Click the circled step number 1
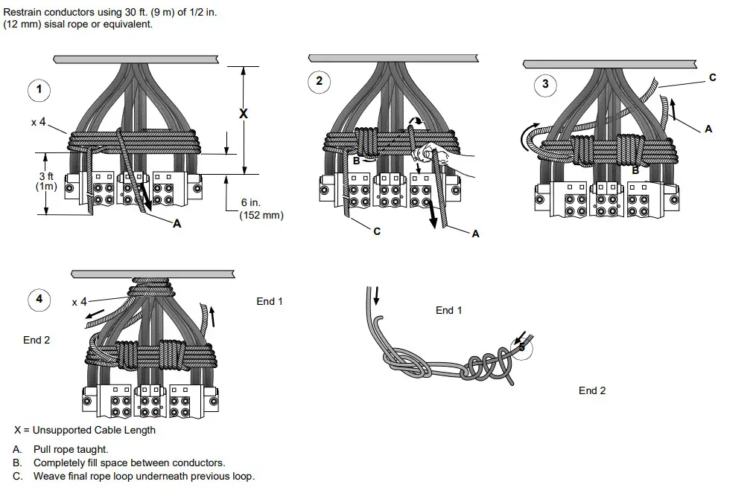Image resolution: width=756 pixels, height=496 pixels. [x=39, y=91]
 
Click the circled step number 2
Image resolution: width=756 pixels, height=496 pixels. [x=319, y=82]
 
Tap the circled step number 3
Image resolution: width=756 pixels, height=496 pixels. [x=545, y=84]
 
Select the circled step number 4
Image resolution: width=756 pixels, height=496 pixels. [x=39, y=300]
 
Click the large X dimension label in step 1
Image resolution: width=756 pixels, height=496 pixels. [x=243, y=114]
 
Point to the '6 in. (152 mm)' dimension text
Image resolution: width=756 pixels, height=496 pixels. [x=261, y=209]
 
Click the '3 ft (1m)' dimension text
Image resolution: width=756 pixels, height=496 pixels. [x=46, y=181]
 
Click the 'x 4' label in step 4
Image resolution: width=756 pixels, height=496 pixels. [x=79, y=302]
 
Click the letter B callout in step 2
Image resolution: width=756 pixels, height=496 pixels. [x=356, y=160]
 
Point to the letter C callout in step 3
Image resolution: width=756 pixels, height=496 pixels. [x=713, y=78]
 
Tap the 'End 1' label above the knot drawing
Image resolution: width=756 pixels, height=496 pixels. [x=448, y=310]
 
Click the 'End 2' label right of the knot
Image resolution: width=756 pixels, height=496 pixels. [x=592, y=390]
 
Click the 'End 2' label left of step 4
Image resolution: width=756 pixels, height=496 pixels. [x=36, y=340]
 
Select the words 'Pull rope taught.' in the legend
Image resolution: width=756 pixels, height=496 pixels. [x=71, y=449]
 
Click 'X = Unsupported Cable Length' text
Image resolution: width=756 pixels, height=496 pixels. [x=85, y=430]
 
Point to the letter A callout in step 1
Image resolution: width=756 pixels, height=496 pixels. [x=177, y=223]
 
